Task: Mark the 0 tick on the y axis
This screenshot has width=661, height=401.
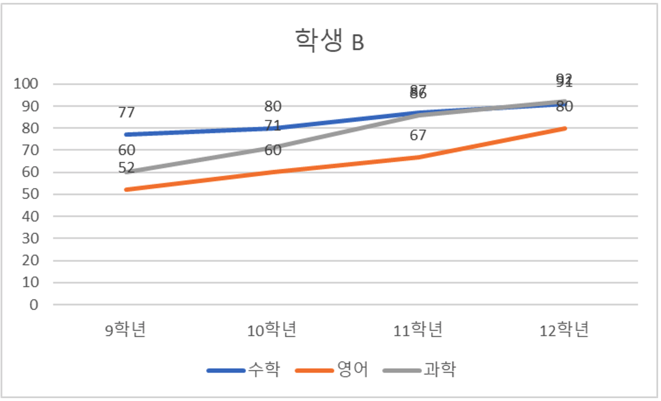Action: pos(34,305)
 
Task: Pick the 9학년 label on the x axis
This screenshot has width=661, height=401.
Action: pos(126,330)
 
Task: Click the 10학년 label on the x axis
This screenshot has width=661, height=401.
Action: pos(272,330)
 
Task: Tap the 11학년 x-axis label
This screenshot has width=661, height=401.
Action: pos(418,330)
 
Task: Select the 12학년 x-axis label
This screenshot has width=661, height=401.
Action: pos(565,330)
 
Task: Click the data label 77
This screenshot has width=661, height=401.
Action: pos(126,112)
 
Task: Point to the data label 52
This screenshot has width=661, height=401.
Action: pos(126,168)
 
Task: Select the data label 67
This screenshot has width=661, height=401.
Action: pos(418,135)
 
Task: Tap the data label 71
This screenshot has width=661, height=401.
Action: pos(272,125)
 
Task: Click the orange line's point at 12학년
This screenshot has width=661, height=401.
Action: pos(565,128)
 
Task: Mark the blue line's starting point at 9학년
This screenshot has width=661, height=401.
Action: pos(126,135)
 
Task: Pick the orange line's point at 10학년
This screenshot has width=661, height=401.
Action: pos(272,172)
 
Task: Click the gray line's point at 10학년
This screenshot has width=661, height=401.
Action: pos(272,148)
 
